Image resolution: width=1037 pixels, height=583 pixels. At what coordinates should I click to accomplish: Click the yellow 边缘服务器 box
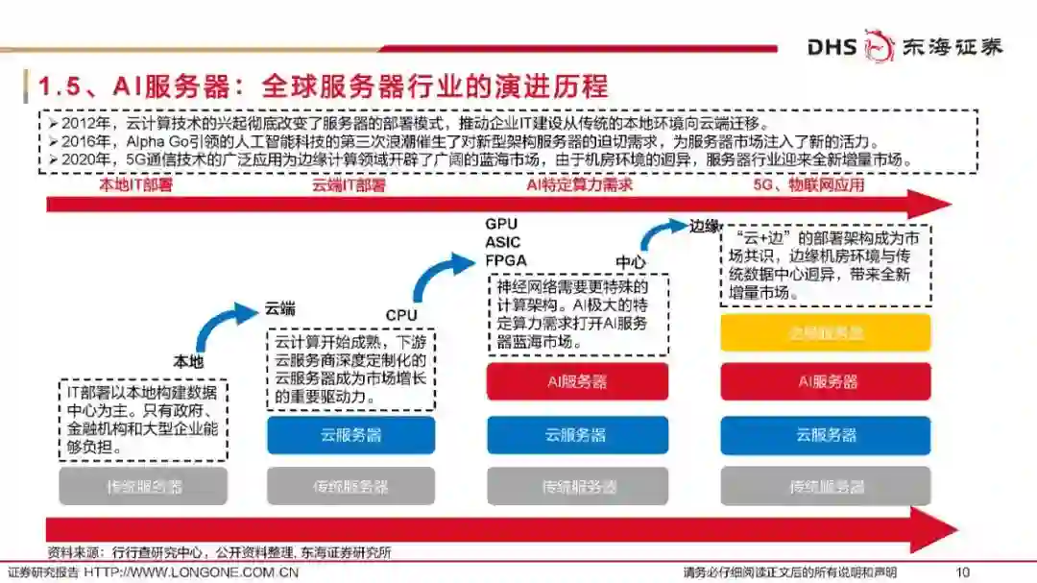click(826, 332)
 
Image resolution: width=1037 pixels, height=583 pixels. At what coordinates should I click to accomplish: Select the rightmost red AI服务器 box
click(826, 381)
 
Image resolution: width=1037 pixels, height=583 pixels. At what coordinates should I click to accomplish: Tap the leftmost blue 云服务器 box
click(350, 435)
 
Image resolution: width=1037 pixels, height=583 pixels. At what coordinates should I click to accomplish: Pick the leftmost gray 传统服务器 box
click(143, 486)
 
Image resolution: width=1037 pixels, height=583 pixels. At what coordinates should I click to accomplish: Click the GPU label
click(501, 225)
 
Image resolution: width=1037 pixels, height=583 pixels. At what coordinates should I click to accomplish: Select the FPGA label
click(506, 259)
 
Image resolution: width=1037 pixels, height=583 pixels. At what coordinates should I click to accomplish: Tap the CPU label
click(402, 315)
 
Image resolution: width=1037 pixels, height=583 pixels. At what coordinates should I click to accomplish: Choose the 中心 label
click(630, 261)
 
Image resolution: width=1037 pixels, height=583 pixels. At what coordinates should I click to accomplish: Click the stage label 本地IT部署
click(136, 185)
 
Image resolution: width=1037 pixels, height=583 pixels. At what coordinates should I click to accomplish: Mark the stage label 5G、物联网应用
click(808, 185)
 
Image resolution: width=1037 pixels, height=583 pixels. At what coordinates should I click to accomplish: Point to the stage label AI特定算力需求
click(580, 185)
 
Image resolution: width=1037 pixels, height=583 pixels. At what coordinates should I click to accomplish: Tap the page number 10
click(963, 571)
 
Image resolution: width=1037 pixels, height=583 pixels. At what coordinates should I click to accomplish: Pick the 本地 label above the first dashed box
click(188, 362)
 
